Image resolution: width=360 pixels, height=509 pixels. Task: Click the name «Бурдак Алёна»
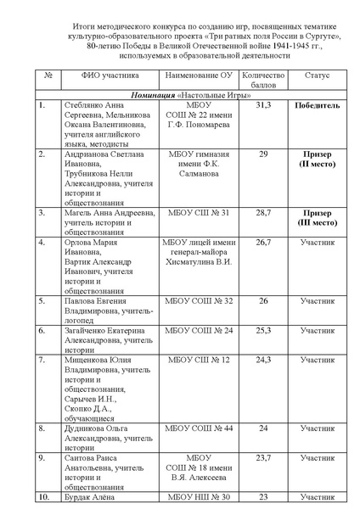88,497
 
